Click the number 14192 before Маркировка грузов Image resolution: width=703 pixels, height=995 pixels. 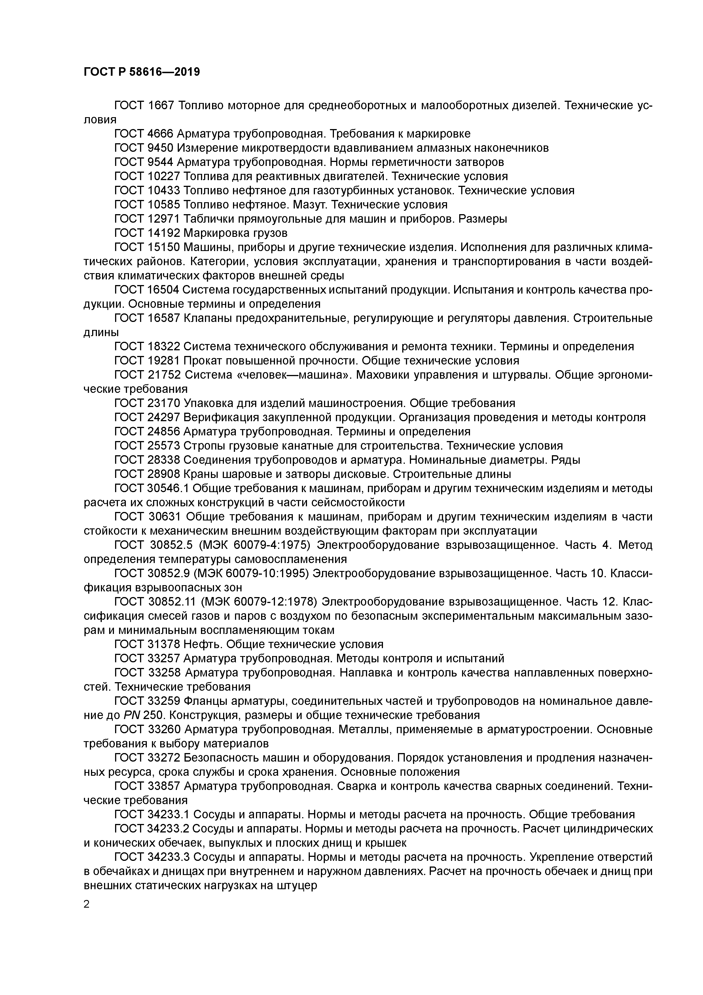pos(164,233)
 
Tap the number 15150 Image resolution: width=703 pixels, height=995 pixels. pos(164,247)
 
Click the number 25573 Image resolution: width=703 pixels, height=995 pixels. pos(164,446)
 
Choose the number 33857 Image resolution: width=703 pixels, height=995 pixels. pos(164,786)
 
